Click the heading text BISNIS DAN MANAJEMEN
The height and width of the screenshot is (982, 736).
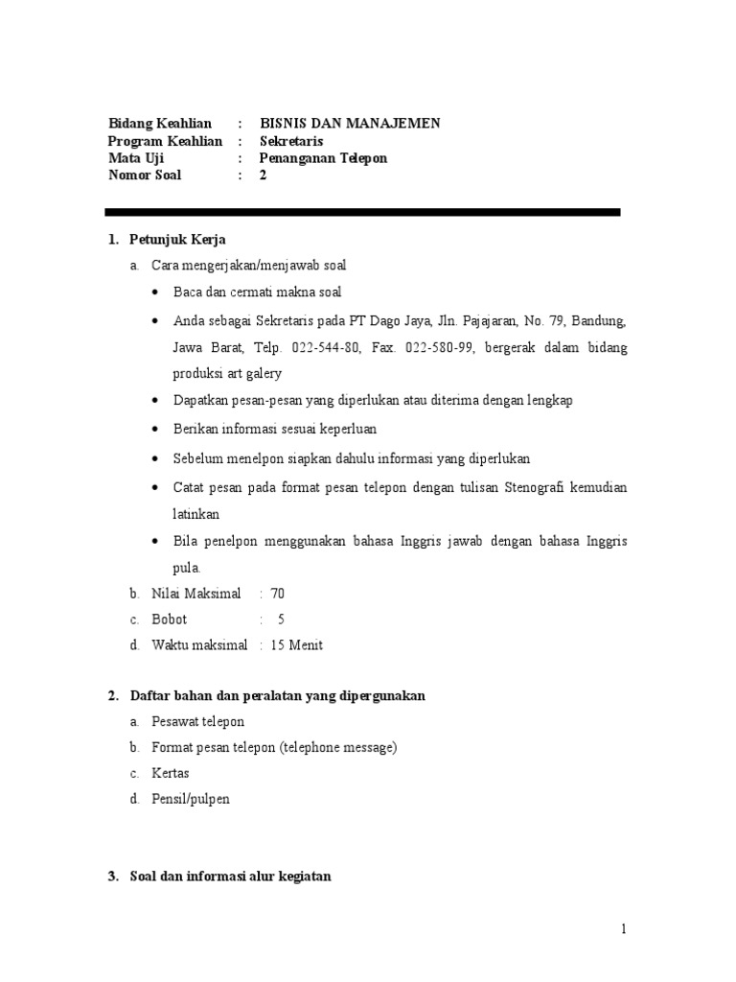[x=350, y=123]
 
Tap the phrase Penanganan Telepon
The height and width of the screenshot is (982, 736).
[x=323, y=158]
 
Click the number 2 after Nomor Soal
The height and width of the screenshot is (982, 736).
[x=264, y=175]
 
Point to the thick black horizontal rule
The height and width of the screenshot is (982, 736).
[x=363, y=212]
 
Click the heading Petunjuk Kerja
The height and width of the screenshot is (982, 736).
[x=177, y=240]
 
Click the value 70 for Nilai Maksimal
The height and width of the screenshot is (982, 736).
[x=278, y=594]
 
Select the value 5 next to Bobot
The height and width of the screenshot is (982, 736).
[x=281, y=620]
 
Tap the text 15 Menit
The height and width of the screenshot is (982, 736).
[x=297, y=645]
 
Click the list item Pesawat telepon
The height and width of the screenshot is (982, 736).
[x=198, y=721]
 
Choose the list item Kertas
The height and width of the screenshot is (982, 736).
[x=171, y=773]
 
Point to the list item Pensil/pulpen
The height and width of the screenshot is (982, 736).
[x=191, y=799]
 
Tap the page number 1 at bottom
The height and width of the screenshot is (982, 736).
[x=623, y=929]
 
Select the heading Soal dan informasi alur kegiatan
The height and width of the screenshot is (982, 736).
[x=230, y=876]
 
